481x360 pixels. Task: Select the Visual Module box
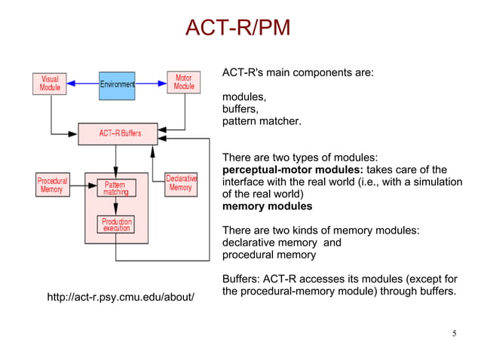click(x=50, y=83)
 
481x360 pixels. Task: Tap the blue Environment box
click(x=117, y=85)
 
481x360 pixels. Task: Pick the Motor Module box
click(x=183, y=82)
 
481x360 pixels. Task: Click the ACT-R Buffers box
click(x=120, y=134)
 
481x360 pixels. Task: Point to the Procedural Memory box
click(x=52, y=185)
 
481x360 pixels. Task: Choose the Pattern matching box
click(x=115, y=188)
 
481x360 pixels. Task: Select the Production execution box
click(x=116, y=224)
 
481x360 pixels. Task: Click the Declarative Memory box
click(x=181, y=183)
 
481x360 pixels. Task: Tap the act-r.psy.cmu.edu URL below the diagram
click(x=121, y=298)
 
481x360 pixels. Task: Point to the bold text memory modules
click(x=267, y=206)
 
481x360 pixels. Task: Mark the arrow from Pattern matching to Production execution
click(x=115, y=206)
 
